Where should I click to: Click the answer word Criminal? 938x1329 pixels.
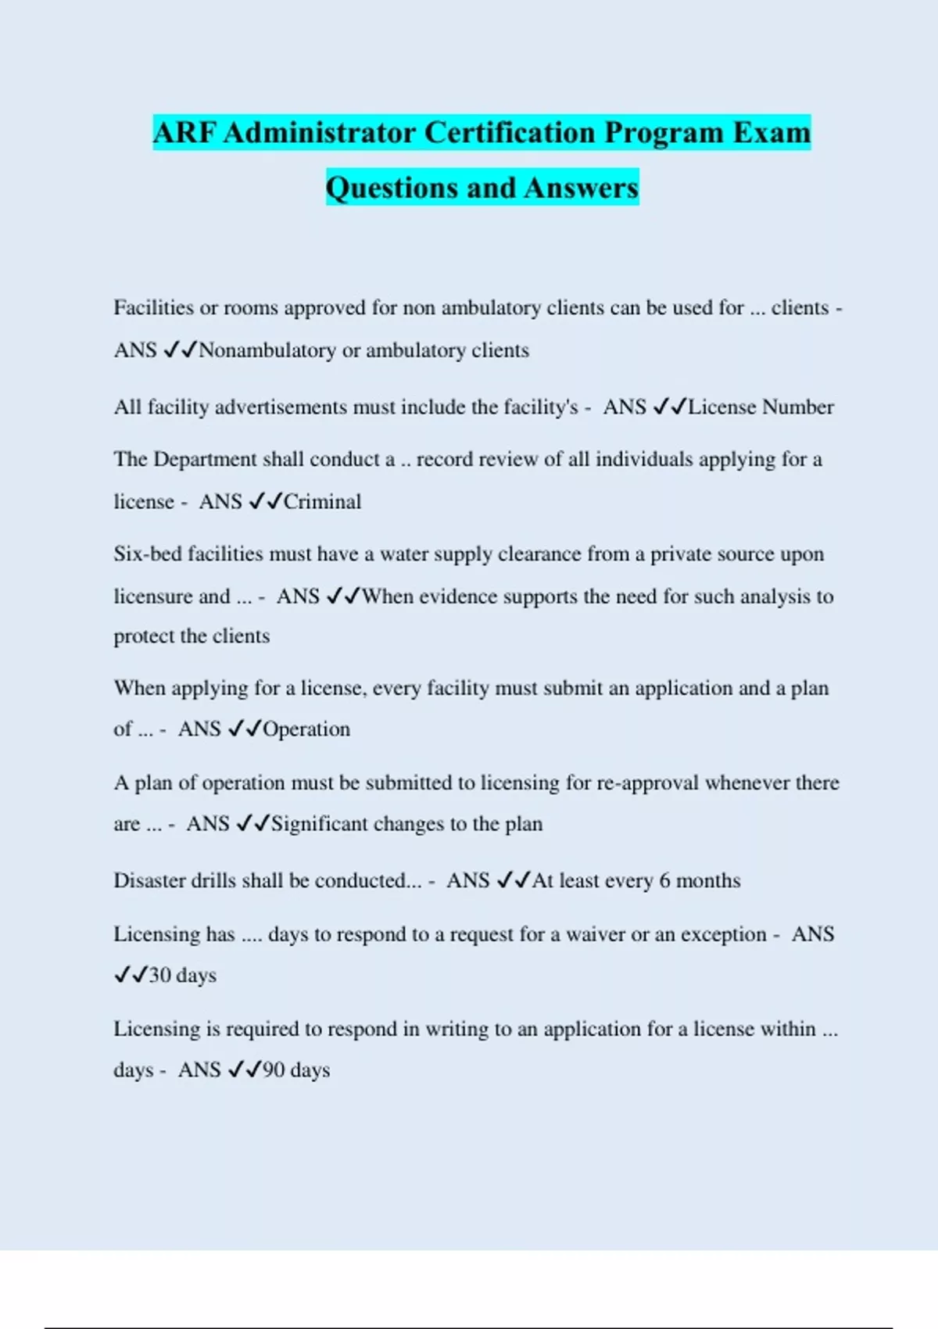[x=322, y=502]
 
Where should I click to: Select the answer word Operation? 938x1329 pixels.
[x=306, y=729]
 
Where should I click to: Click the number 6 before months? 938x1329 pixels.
[x=664, y=881]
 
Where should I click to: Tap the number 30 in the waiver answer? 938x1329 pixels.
[x=159, y=976]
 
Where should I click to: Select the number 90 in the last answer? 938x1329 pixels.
[x=274, y=1070]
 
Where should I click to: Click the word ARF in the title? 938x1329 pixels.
[x=184, y=133]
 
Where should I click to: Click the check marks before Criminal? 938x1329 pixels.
[x=265, y=502]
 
